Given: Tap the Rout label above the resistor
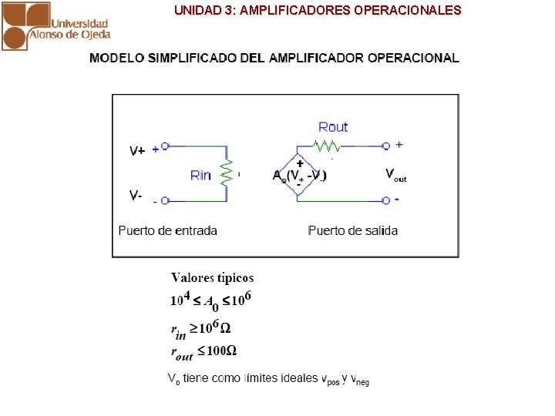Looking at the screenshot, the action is tap(333, 127).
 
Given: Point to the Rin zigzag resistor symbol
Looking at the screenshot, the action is tap(226, 173).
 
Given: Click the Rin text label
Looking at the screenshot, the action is tap(200, 176).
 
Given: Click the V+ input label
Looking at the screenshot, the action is tap(136, 151).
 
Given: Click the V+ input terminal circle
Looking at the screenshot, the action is tap(165, 146).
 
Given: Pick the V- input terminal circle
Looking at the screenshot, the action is tap(165, 201).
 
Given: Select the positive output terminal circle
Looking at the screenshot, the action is tap(385, 145).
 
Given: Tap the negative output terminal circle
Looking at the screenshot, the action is tap(385, 201).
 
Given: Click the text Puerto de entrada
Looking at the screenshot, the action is tap(167, 230).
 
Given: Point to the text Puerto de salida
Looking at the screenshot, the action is tap(352, 230).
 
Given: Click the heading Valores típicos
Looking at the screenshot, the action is tap(212, 278).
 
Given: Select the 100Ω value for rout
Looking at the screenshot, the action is tap(222, 351).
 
